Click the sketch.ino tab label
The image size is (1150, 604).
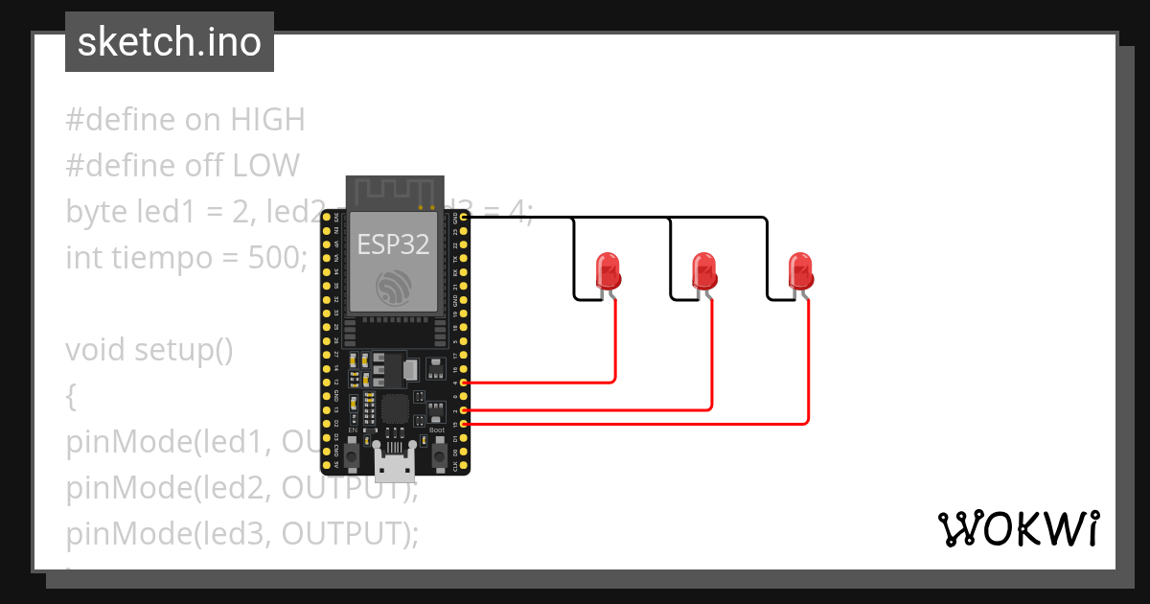pyautogui.click(x=169, y=42)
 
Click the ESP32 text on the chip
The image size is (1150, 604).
pyautogui.click(x=393, y=244)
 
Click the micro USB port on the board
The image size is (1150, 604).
pyautogui.click(x=394, y=467)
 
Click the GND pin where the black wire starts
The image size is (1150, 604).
pyautogui.click(x=465, y=219)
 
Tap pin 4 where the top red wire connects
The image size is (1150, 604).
pyautogui.click(x=465, y=383)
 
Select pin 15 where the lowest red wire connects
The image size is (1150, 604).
pyautogui.click(x=465, y=423)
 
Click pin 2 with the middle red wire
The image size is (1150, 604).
pyautogui.click(x=465, y=409)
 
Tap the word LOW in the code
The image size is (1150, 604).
pyautogui.click(x=265, y=166)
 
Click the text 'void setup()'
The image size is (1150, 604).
pyautogui.click(x=149, y=350)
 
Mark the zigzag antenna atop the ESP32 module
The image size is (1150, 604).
pyautogui.click(x=394, y=192)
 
